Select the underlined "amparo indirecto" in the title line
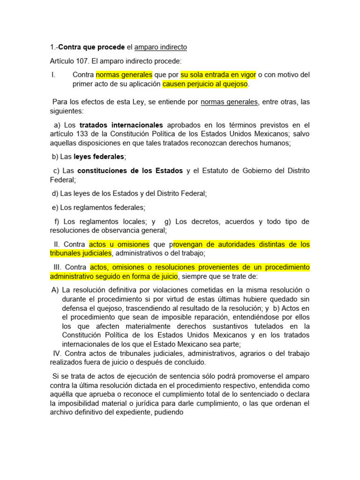[x=160, y=47]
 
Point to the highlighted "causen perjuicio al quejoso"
[x=205, y=84]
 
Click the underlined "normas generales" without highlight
[x=229, y=102]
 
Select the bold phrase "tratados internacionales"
[x=121, y=125]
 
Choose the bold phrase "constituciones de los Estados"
[x=130, y=171]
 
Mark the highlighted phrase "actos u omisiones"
[x=119, y=244]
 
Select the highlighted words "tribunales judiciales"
[x=81, y=254]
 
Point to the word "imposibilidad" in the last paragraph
[x=82, y=404]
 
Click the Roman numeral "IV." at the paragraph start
[x=57, y=353]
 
